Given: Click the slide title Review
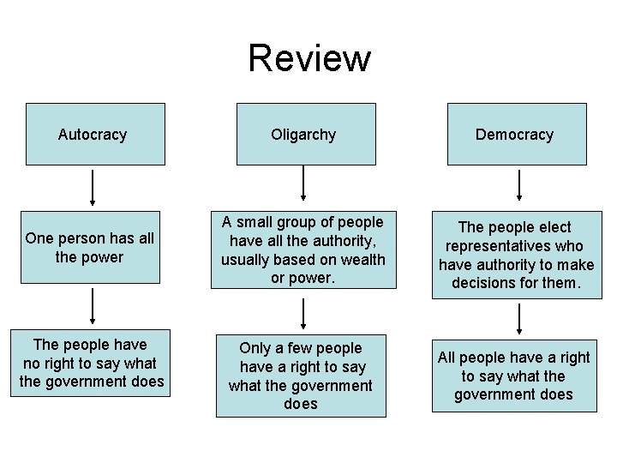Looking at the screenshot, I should (309, 58).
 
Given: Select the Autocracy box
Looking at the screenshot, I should (94, 134).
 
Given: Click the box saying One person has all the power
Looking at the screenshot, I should (90, 247).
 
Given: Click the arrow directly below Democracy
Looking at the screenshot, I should (518, 187).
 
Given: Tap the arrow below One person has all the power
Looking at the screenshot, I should (93, 307).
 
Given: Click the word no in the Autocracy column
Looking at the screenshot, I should (33, 363).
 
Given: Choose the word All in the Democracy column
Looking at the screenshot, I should (448, 357).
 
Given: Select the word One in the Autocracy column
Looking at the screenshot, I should (39, 238).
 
